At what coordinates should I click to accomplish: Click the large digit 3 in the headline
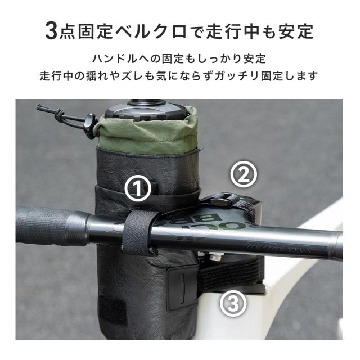[x=52, y=31]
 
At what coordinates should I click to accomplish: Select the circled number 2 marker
[x=244, y=175]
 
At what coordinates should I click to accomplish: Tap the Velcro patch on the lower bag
[x=115, y=313]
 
